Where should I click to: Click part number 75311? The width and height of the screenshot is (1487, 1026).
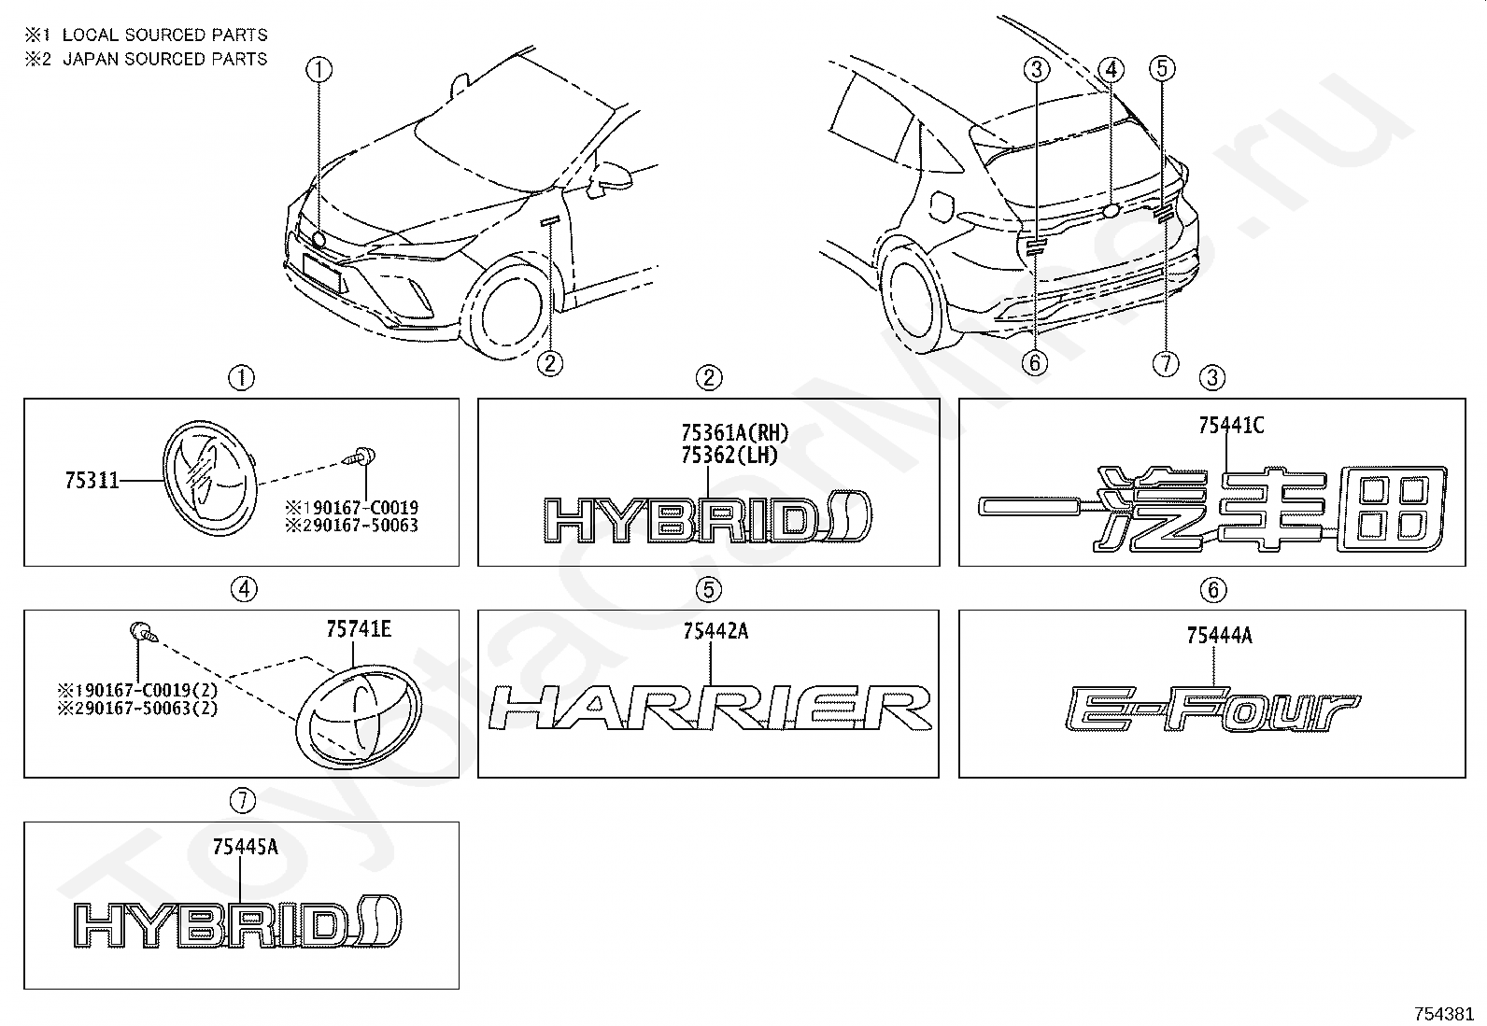click(x=92, y=480)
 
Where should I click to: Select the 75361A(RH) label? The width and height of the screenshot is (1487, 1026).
click(x=735, y=433)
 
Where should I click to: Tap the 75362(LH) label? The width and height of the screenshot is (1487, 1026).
click(x=729, y=456)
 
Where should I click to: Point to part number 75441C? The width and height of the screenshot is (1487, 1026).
click(x=1231, y=425)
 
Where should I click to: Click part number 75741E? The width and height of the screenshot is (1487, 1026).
click(x=359, y=628)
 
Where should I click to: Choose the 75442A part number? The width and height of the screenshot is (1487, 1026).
click(x=715, y=631)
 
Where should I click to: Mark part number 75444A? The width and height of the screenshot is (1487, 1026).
click(x=1220, y=636)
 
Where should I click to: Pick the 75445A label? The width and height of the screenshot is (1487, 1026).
click(x=245, y=847)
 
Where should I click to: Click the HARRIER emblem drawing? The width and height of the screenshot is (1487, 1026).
click(x=710, y=708)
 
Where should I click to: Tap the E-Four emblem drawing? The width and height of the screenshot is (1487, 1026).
click(x=1212, y=710)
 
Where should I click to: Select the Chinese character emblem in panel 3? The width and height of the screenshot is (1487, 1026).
click(x=1212, y=509)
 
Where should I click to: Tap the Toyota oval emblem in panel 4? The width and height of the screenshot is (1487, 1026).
click(x=359, y=717)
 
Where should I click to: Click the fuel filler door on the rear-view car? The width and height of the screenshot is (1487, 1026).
click(x=942, y=206)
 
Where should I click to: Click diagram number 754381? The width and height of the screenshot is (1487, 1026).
click(x=1449, y=1014)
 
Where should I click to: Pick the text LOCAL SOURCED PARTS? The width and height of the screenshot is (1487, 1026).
click(x=164, y=35)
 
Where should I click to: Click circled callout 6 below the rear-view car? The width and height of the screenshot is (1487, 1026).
click(x=1035, y=363)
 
